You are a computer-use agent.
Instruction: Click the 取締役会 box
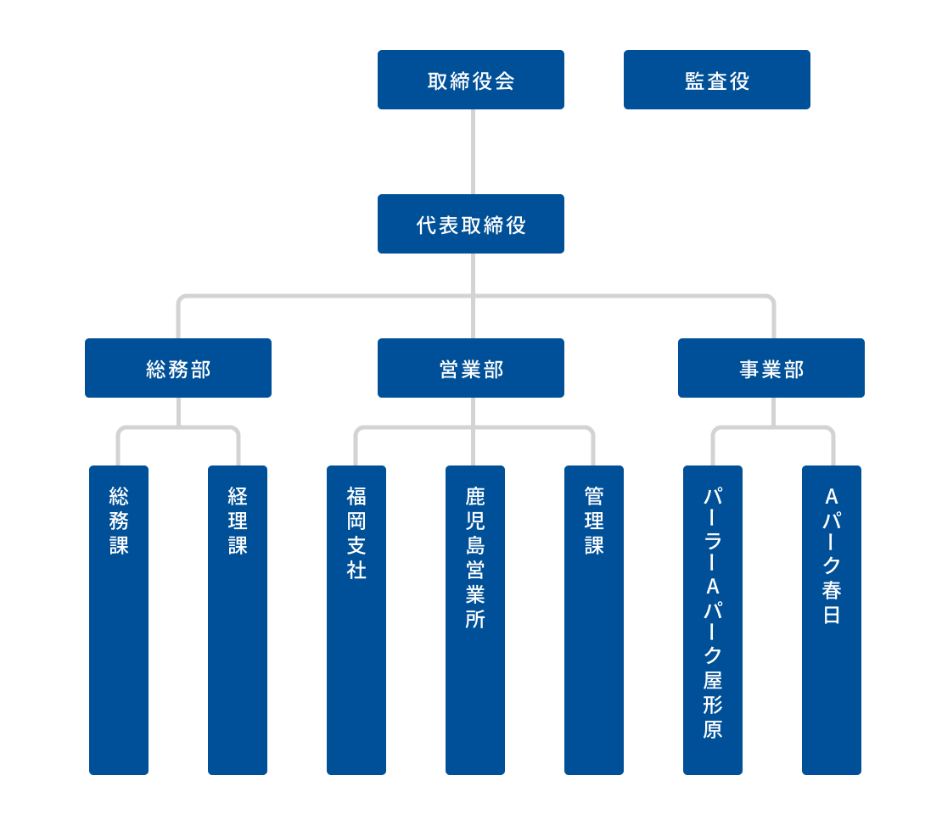tap(471, 80)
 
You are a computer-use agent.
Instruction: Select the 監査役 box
tap(717, 80)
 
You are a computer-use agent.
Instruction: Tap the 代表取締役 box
tap(471, 224)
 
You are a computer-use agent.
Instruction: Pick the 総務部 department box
tap(178, 368)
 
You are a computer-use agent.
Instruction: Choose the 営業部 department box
tap(471, 368)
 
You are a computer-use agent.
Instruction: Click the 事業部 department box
tap(771, 368)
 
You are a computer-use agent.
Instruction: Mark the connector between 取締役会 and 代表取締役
tap(473, 152)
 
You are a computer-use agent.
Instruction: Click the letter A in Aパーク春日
tap(832, 495)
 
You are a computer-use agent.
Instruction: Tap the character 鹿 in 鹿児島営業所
tap(475, 496)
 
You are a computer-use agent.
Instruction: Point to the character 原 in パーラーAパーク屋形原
tap(713, 729)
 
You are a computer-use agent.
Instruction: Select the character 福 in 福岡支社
tap(356, 496)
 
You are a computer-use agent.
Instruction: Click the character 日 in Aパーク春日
tap(832, 616)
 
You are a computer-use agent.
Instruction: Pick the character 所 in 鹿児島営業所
tap(475, 619)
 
